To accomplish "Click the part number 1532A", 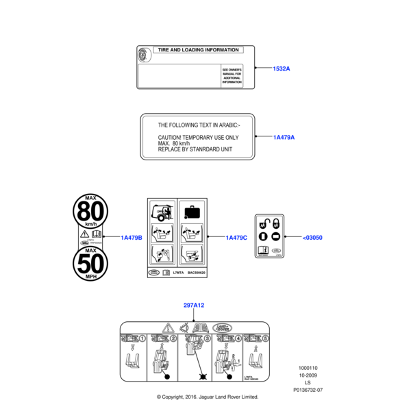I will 282,68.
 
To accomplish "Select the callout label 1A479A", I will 284,138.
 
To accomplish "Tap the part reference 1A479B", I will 131,238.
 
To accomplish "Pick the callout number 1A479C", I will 236,238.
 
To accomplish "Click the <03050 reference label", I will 312,238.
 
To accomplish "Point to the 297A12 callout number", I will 195,305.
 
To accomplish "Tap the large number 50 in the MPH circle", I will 90,264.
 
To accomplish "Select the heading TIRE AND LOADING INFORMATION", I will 198,50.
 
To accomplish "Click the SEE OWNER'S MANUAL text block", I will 232,75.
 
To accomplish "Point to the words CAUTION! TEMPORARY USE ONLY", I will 199,137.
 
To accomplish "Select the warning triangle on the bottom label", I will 167,327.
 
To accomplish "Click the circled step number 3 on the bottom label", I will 206,338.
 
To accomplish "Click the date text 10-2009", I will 308,375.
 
